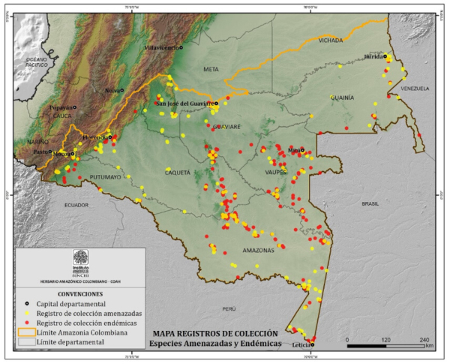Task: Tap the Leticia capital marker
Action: coord(312,339)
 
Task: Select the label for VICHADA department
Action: coord(330,40)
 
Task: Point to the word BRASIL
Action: coord(370,203)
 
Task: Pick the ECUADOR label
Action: coord(76,204)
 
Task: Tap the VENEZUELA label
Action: coord(413,88)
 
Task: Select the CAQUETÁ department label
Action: coord(178,173)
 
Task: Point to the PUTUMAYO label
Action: coord(104,177)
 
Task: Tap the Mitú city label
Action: coord(295,150)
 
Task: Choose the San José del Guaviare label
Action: coord(184,104)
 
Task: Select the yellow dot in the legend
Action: coord(25,312)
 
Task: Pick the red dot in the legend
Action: coord(25,322)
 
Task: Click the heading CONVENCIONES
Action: coord(80,293)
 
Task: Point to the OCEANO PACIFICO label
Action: coord(35,62)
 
